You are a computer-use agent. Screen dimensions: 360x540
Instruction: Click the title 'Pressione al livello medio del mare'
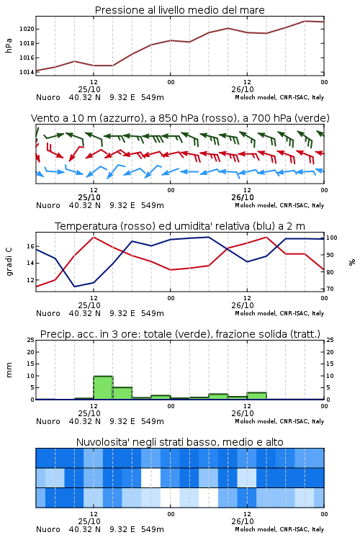click(179, 10)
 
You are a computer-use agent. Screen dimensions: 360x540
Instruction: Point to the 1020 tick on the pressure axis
click(27, 29)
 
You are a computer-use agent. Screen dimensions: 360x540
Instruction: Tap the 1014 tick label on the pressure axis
click(27, 72)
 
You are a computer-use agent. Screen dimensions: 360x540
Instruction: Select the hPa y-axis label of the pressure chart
click(9, 45)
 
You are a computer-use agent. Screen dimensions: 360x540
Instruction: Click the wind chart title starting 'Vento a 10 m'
click(180, 118)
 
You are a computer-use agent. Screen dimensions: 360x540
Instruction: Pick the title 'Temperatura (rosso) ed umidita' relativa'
click(180, 226)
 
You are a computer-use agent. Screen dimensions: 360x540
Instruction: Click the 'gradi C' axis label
click(9, 261)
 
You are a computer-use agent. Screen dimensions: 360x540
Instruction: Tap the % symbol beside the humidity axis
click(352, 262)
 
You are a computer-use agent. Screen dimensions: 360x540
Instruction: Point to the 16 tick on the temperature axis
click(30, 246)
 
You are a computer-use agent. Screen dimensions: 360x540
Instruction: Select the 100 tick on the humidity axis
click(332, 238)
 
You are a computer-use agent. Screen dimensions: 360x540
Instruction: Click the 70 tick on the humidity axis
click(330, 289)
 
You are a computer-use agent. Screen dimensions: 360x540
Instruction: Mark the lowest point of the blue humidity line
click(74, 287)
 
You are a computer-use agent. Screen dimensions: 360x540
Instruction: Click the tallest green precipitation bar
click(104, 388)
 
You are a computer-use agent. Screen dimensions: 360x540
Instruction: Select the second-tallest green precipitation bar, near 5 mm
click(122, 393)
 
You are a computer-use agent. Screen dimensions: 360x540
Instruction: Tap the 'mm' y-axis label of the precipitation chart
click(9, 369)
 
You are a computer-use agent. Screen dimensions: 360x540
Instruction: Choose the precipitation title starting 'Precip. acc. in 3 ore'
click(180, 334)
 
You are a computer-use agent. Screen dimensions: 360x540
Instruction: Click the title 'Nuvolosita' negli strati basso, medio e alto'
click(179, 442)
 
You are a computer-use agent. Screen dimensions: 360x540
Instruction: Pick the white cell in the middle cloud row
click(151, 477)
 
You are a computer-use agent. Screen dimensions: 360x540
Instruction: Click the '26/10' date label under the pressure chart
click(243, 89)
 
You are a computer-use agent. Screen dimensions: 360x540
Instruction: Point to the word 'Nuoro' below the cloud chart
click(48, 529)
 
